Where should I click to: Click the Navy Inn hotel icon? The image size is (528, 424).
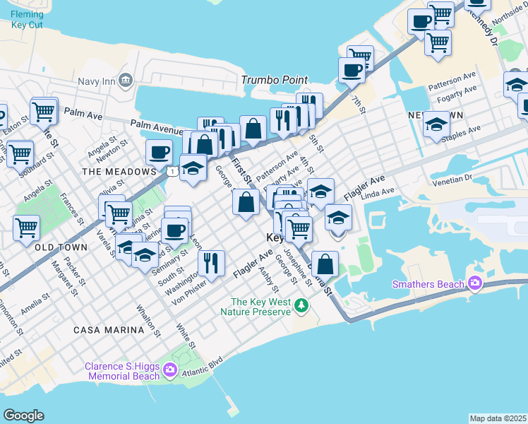pyautogui.click(x=126, y=78)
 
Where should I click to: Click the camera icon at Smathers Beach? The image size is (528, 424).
pyautogui.click(x=474, y=284)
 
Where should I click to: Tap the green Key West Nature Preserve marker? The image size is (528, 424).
pyautogui.click(x=301, y=306)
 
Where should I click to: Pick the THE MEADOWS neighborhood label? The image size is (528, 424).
pyautogui.click(x=118, y=172)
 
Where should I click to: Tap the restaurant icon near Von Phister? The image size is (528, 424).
pyautogui.click(x=212, y=263)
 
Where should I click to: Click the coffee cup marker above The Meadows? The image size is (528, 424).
pyautogui.click(x=160, y=151)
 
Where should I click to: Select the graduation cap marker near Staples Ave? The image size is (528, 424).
pyautogui.click(x=437, y=124)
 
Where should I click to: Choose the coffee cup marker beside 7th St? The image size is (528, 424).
pyautogui.click(x=352, y=70)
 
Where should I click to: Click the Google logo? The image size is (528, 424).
pyautogui.click(x=23, y=416)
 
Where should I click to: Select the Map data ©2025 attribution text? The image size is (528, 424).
pyautogui.click(x=498, y=418)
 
